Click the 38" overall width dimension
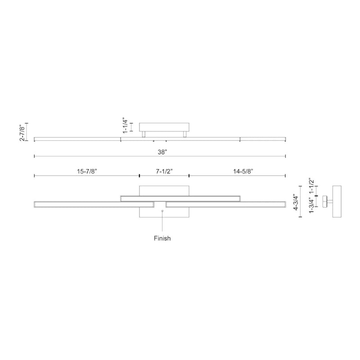pyautogui.click(x=162, y=152)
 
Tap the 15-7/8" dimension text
pyautogui.click(x=87, y=171)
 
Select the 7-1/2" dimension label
pyautogui.click(x=164, y=171)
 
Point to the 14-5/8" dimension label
pyautogui.click(x=243, y=171)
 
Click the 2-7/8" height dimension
pyautogui.click(x=22, y=132)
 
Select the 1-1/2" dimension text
pyautogui.click(x=311, y=186)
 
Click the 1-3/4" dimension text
pyautogui.click(x=311, y=205)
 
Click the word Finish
pyautogui.click(x=162, y=238)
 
